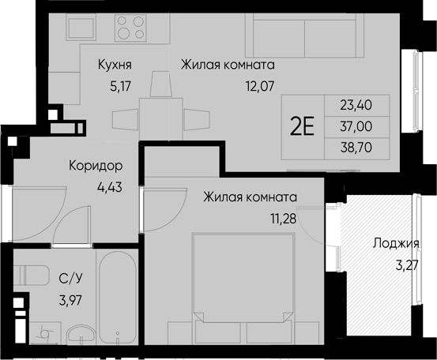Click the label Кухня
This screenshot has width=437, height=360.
tap(115, 66)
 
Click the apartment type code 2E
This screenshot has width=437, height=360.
tap(303, 126)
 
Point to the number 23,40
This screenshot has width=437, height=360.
tap(356, 104)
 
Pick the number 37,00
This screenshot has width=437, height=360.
tap(356, 125)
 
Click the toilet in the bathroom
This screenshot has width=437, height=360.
tap(30, 276)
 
